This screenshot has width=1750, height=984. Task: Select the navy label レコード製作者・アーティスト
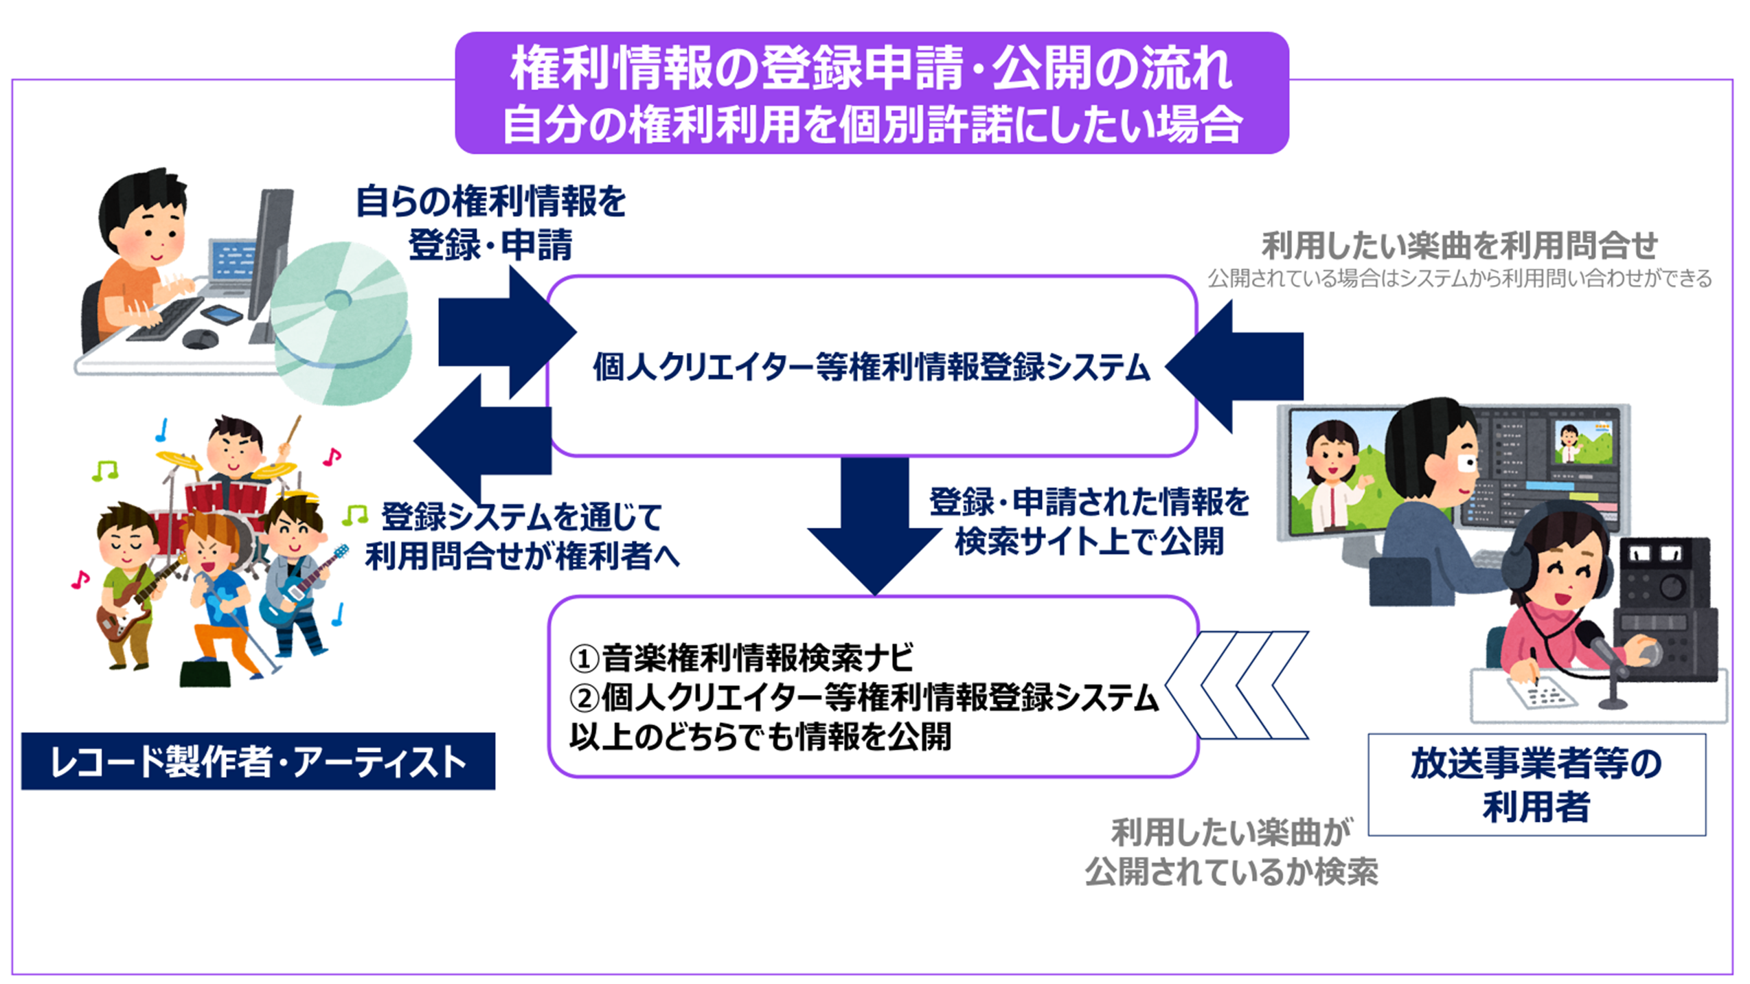pyautogui.click(x=258, y=762)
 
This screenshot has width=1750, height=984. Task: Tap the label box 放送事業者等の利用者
pyautogui.click(x=1536, y=784)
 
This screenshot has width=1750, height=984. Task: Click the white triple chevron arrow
pyautogui.click(x=1236, y=685)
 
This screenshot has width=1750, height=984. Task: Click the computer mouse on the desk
pyautogui.click(x=200, y=338)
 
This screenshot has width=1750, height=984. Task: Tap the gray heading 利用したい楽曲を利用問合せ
pyautogui.click(x=1459, y=245)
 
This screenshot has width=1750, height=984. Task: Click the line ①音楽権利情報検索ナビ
pyautogui.click(x=741, y=658)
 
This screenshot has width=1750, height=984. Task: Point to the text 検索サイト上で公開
pyautogui.click(x=1089, y=542)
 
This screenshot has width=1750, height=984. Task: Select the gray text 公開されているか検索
pyautogui.click(x=1231, y=872)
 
